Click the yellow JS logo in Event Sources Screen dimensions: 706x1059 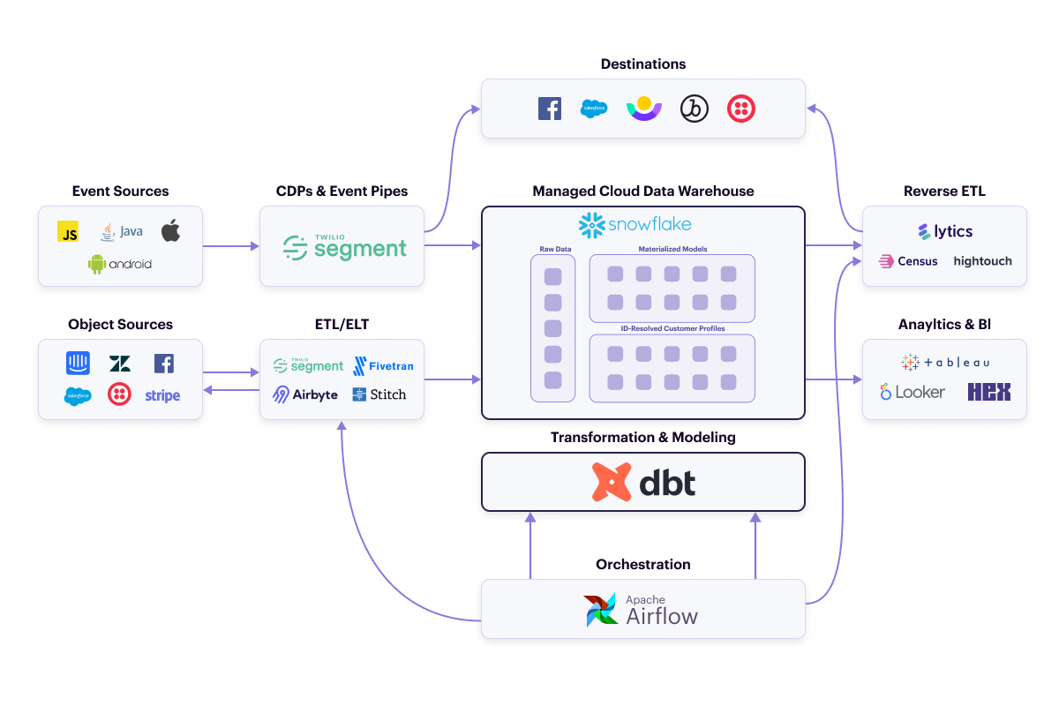click(68, 231)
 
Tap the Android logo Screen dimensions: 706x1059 click(120, 264)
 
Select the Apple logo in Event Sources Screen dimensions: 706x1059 click(170, 231)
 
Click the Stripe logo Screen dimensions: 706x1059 click(162, 395)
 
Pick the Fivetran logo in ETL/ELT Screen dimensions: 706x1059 click(383, 365)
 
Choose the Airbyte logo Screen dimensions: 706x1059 click(305, 394)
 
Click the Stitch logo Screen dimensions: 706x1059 click(379, 394)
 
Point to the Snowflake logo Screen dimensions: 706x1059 click(635, 225)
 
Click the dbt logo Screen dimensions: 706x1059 click(643, 482)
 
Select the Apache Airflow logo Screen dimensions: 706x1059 click(642, 610)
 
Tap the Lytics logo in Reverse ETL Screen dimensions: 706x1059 click(944, 231)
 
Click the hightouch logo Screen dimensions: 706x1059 click(982, 261)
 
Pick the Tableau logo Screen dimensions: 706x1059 click(945, 362)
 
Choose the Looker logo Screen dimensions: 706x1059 click(913, 392)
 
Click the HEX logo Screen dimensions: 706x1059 click(988, 392)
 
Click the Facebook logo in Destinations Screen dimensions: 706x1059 click(550, 109)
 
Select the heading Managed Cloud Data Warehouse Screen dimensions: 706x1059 click(643, 192)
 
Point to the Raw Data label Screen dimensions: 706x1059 click(555, 250)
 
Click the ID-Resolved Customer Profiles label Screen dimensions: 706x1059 click(672, 328)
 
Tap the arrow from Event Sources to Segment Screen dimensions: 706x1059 click(231, 246)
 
